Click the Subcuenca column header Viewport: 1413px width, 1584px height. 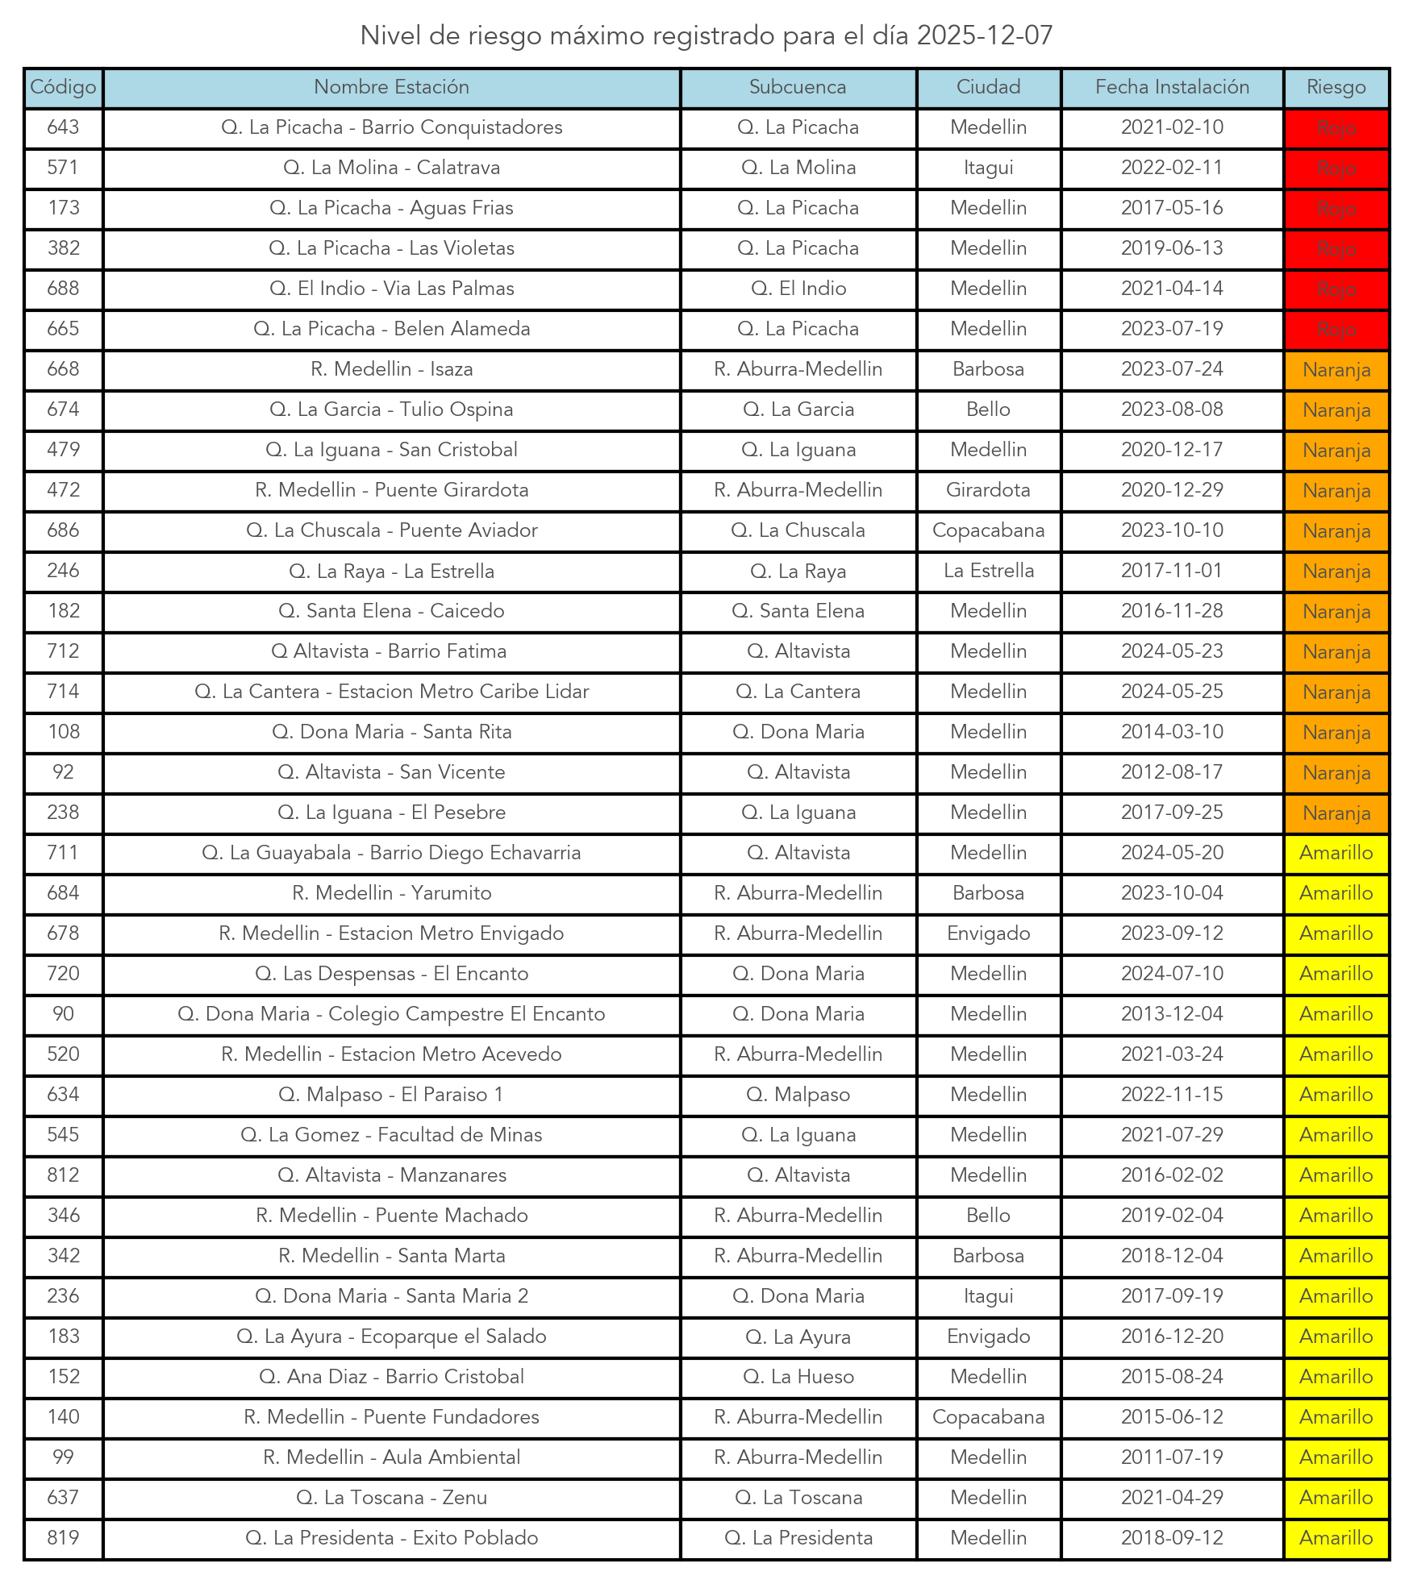pyautogui.click(x=798, y=87)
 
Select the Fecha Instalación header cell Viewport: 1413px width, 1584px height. pyautogui.click(x=1172, y=87)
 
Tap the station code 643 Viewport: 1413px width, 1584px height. pyautogui.click(x=63, y=127)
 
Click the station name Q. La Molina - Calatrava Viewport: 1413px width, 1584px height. pyautogui.click(x=391, y=168)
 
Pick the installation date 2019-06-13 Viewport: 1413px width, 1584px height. pyautogui.click(x=1172, y=248)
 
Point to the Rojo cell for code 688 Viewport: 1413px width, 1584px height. pyautogui.click(x=1336, y=289)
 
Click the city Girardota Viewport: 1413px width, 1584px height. pyautogui.click(x=988, y=490)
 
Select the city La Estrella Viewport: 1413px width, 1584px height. pyautogui.click(x=988, y=571)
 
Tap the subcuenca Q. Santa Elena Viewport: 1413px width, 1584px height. pyautogui.click(x=798, y=611)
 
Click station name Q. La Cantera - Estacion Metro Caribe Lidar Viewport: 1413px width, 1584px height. pyautogui.click(x=391, y=692)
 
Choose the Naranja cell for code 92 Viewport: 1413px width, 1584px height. pyautogui.click(x=1336, y=773)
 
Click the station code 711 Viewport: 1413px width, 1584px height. pyautogui.click(x=63, y=853)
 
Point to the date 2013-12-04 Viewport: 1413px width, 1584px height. pyautogui.click(x=1172, y=1014)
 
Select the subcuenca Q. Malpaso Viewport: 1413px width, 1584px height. pyautogui.click(x=798, y=1095)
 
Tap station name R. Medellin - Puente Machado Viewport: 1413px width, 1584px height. pyautogui.click(x=391, y=1216)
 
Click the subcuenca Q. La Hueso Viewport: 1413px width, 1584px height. pyautogui.click(x=798, y=1377)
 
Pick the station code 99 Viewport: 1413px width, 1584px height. pyautogui.click(x=63, y=1457)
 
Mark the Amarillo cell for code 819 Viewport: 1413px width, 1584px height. pyautogui.click(x=1336, y=1538)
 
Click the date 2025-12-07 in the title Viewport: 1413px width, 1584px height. pyautogui.click(x=984, y=35)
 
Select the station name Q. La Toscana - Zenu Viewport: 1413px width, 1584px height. pyautogui.click(x=391, y=1498)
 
